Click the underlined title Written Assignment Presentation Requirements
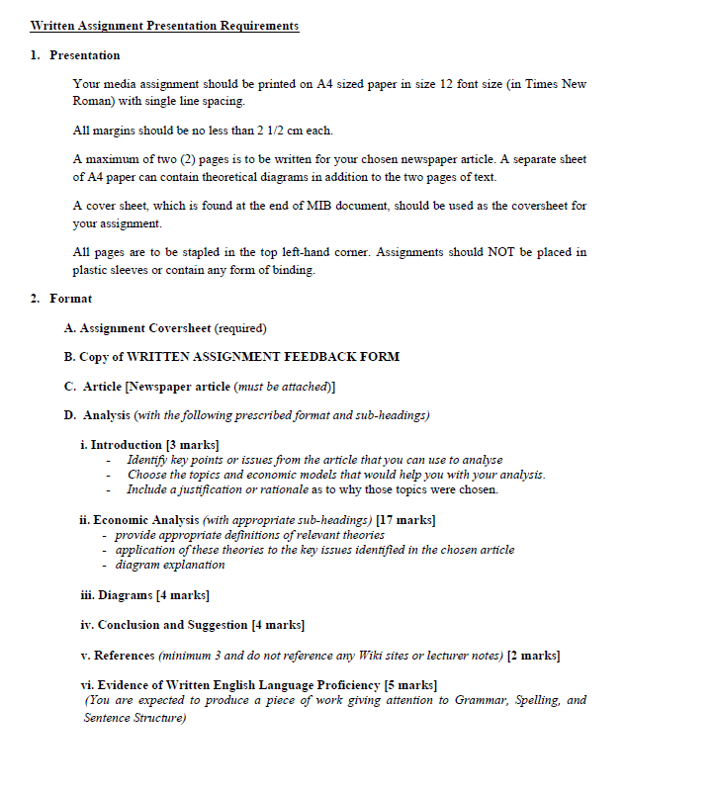click(x=164, y=26)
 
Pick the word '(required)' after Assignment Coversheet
click(x=240, y=328)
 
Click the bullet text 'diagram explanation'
click(x=170, y=565)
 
